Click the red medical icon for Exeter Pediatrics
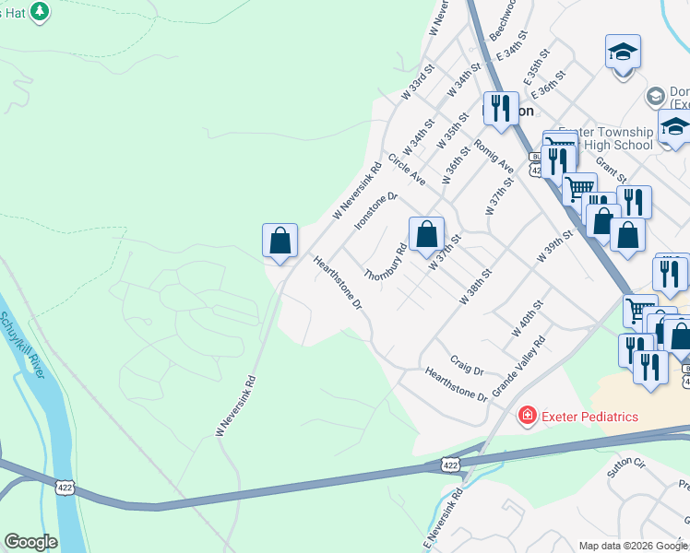click(x=527, y=417)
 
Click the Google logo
click(x=30, y=542)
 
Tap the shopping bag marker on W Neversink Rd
click(x=280, y=241)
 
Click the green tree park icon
click(x=39, y=11)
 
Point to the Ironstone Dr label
click(x=375, y=210)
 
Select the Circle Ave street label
click(x=407, y=170)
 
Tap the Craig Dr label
click(x=467, y=364)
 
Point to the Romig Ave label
click(x=494, y=155)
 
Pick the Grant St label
click(x=611, y=169)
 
